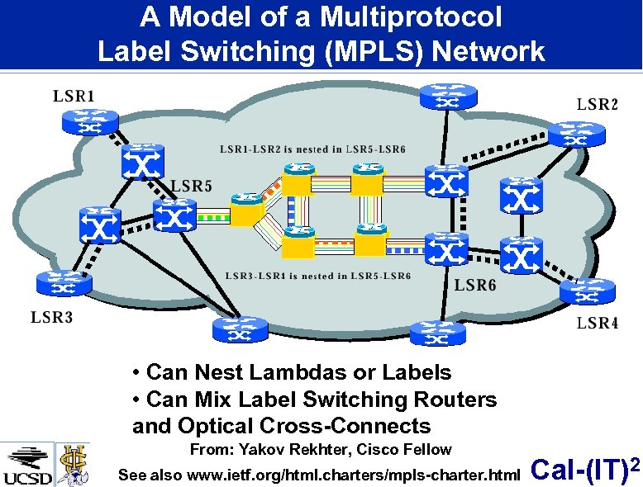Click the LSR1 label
point(74,97)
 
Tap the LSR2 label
point(597,105)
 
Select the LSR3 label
point(52,316)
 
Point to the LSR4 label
point(597,323)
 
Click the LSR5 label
point(192,187)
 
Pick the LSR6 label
point(476,286)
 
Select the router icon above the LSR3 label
point(62,282)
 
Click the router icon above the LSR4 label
point(588,291)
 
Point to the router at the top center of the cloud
point(448,97)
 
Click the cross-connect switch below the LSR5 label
point(173,217)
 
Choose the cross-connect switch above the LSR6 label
point(447,249)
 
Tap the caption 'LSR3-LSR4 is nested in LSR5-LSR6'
point(317,276)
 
